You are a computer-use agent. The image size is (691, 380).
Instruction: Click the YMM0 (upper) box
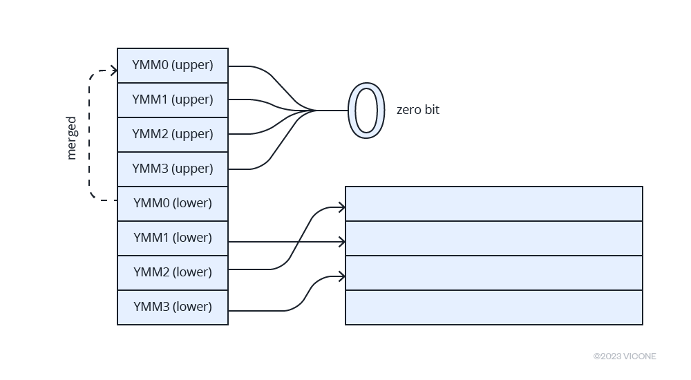pyautogui.click(x=173, y=66)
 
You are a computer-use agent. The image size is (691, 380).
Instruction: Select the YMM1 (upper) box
pyautogui.click(x=173, y=100)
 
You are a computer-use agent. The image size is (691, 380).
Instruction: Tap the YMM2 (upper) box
pyautogui.click(x=173, y=135)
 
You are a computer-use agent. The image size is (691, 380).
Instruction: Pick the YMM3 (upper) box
pyautogui.click(x=173, y=169)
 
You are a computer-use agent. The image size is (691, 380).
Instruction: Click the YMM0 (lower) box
pyautogui.click(x=173, y=204)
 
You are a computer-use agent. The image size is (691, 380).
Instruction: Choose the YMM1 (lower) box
pyautogui.click(x=173, y=238)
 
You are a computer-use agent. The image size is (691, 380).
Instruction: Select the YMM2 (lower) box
pyautogui.click(x=173, y=273)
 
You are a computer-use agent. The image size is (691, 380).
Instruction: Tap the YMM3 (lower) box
pyautogui.click(x=173, y=307)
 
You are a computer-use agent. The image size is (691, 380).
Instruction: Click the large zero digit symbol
pyautogui.click(x=366, y=111)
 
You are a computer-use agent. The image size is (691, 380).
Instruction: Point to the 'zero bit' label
pyautogui.click(x=417, y=111)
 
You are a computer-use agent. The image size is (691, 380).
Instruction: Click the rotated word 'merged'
pyautogui.click(x=72, y=138)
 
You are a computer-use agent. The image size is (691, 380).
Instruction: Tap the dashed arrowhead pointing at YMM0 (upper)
pyautogui.click(x=114, y=70)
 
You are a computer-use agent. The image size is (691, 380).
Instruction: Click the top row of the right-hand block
pyautogui.click(x=494, y=204)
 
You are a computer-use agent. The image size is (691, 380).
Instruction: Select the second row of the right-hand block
pyautogui.click(x=494, y=238)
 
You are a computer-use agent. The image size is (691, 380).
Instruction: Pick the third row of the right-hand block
pyautogui.click(x=494, y=273)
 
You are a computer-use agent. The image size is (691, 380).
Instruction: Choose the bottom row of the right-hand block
pyautogui.click(x=494, y=307)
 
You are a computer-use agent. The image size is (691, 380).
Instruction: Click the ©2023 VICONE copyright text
pyautogui.click(x=625, y=357)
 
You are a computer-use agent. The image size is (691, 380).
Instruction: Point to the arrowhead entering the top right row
pyautogui.click(x=342, y=207)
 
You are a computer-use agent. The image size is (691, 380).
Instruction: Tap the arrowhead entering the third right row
pyautogui.click(x=342, y=276)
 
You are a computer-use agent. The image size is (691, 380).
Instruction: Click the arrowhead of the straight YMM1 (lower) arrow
pyautogui.click(x=342, y=242)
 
